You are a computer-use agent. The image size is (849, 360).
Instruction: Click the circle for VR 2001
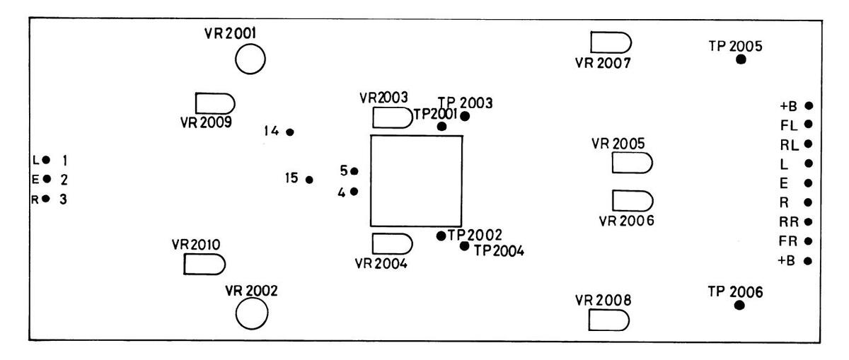point(250,59)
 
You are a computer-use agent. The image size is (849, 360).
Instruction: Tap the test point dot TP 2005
point(741,59)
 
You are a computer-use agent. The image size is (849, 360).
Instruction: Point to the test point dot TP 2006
point(739,306)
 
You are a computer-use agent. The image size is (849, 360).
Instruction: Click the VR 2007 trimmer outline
point(610,42)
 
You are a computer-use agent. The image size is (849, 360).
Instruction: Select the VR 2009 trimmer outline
point(214,103)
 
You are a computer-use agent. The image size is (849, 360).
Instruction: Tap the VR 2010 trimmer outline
point(204,265)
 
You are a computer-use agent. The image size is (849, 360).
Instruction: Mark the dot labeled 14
point(289,132)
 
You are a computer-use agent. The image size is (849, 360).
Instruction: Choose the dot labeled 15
point(309,180)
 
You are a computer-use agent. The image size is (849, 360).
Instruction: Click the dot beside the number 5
point(354,171)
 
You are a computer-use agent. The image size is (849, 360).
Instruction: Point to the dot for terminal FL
point(808,124)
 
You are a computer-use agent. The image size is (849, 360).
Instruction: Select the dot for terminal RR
point(808,221)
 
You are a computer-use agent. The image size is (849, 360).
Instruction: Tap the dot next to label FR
point(808,241)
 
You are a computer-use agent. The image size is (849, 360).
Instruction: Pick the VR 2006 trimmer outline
point(632,199)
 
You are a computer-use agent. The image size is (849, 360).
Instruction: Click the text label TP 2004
point(499,250)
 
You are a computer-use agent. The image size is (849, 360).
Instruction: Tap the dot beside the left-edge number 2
point(47,178)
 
